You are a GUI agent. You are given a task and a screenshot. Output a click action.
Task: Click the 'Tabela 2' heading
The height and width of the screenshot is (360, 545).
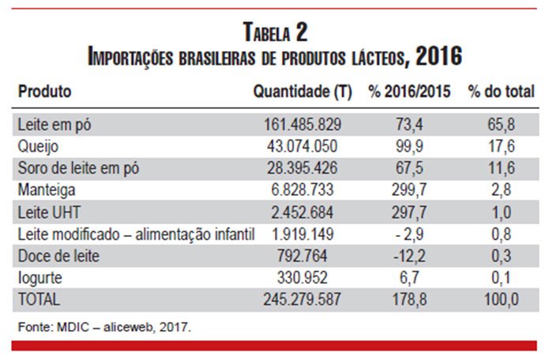(276, 32)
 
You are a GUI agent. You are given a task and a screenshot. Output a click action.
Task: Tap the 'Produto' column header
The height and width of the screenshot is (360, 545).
(44, 92)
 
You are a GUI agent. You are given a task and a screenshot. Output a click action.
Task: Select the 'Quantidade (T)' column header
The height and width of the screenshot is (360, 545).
(303, 92)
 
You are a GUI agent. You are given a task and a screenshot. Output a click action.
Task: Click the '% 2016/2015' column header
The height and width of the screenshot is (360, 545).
(409, 92)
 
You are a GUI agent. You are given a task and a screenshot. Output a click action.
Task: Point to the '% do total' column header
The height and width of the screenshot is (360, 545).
(502, 92)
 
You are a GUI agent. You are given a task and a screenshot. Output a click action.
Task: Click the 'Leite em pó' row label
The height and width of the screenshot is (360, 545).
(54, 125)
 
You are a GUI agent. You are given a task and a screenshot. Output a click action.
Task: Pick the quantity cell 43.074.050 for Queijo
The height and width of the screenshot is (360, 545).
(302, 146)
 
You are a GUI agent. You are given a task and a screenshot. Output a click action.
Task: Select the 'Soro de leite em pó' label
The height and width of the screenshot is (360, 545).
(78, 168)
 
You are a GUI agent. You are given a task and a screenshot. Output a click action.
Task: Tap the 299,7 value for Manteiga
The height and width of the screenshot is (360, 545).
(409, 190)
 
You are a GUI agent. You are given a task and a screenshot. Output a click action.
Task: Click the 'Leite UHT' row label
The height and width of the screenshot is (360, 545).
(49, 212)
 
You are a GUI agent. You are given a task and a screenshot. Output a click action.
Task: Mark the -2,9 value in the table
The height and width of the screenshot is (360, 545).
(409, 234)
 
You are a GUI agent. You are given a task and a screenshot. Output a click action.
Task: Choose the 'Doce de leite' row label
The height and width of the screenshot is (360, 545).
(58, 256)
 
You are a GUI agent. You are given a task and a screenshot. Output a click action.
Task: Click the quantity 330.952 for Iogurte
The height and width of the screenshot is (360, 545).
(302, 278)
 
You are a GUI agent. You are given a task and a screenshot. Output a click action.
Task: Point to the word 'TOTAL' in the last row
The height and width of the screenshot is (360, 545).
(39, 299)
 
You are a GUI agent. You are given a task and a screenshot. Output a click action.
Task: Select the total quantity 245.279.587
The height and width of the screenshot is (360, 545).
(302, 299)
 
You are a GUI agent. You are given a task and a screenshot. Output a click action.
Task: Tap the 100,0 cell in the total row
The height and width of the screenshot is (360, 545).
(502, 299)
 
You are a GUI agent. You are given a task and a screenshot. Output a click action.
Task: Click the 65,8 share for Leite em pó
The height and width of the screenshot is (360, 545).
(502, 125)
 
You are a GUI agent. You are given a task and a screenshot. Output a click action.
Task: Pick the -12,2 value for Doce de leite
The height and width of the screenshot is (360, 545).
(409, 256)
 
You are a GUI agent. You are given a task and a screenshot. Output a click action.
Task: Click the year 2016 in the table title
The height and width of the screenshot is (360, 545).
(439, 55)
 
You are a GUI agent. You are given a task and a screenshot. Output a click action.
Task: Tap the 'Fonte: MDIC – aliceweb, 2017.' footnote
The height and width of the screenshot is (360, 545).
(104, 328)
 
